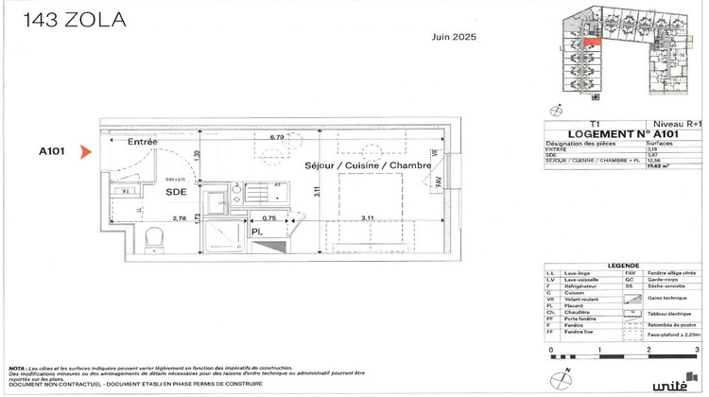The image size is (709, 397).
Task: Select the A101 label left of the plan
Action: [x=52, y=151]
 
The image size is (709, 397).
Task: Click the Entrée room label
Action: [x=143, y=142]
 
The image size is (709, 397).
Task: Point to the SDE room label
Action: [x=176, y=191]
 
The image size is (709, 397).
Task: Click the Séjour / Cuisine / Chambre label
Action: [x=368, y=165]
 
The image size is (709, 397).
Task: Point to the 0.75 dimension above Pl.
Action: [x=268, y=218]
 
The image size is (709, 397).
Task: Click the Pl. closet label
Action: [x=256, y=231]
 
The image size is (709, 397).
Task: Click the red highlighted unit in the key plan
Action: [x=591, y=42]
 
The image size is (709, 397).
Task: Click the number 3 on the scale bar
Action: [x=696, y=350]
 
